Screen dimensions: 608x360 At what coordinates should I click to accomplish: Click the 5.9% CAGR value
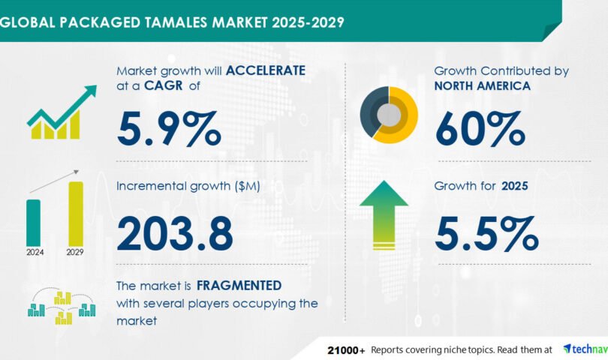(x=169, y=128)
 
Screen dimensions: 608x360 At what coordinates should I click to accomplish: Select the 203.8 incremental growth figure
(x=175, y=234)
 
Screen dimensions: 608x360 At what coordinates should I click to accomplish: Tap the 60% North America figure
(x=480, y=128)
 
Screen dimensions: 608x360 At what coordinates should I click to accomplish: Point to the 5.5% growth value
(x=486, y=234)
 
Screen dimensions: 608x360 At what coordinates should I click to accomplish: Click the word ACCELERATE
(x=266, y=70)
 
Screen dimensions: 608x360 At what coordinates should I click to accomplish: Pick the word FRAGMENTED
(x=239, y=286)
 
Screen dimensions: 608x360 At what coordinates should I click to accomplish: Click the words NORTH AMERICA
(x=483, y=85)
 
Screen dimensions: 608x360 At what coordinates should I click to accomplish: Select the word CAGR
(x=163, y=85)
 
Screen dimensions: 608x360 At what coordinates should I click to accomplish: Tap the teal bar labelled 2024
(x=33, y=223)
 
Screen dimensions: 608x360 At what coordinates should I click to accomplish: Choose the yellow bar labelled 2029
(x=76, y=214)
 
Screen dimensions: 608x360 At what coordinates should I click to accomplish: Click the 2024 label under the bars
(x=35, y=252)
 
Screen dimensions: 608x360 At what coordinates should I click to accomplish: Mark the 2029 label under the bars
(x=75, y=252)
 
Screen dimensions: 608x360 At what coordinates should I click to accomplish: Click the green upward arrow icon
(x=384, y=215)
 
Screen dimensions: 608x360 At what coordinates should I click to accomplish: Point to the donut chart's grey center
(x=389, y=115)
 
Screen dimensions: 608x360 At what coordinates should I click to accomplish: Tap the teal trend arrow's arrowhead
(x=90, y=91)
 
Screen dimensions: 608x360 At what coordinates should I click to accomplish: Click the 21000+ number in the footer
(x=346, y=350)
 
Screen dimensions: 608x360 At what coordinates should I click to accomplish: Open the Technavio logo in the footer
(x=585, y=349)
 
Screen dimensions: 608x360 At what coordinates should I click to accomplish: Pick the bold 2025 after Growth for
(x=515, y=186)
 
